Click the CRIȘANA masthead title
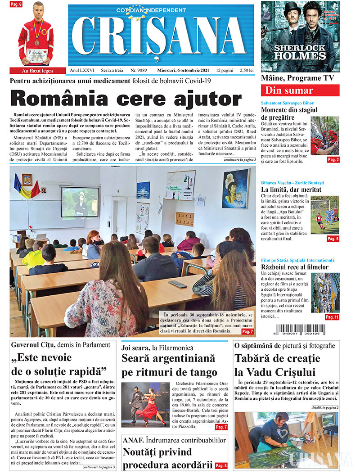click(x=161, y=40)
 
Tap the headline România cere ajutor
click(x=126, y=99)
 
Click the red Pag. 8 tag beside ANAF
click(x=221, y=465)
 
